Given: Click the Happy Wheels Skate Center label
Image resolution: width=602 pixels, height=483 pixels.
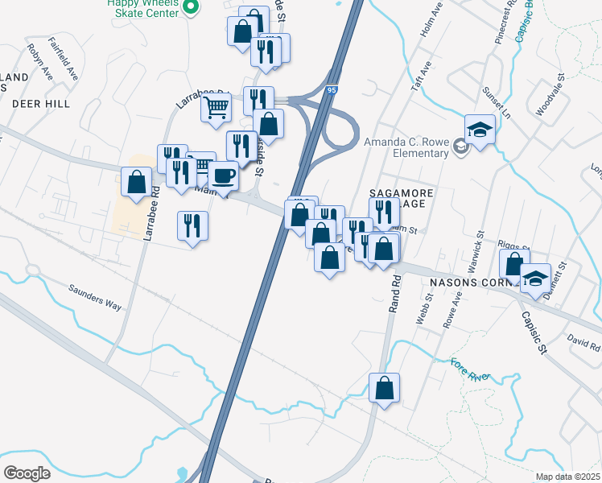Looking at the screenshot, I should pyautogui.click(x=143, y=7).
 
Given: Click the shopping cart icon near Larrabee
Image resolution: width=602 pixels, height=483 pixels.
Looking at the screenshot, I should pyautogui.click(x=216, y=106).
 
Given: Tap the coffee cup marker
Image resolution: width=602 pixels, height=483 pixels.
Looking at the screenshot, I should pyautogui.click(x=223, y=175).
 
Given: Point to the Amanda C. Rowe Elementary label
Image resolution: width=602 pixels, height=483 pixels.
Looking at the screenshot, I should pyautogui.click(x=406, y=148).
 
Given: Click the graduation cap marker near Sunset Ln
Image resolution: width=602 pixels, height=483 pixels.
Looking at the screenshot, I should pyautogui.click(x=480, y=130).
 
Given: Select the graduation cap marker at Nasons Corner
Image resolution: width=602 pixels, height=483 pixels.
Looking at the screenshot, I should pyautogui.click(x=535, y=279).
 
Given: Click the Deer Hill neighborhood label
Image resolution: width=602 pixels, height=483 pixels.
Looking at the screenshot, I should pyautogui.click(x=40, y=104).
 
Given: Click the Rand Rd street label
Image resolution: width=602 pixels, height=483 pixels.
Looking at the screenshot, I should pyautogui.click(x=394, y=295).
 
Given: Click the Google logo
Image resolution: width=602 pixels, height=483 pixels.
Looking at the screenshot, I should pyautogui.click(x=27, y=473).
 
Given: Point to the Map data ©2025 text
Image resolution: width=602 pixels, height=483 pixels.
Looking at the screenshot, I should pyautogui.click(x=568, y=477).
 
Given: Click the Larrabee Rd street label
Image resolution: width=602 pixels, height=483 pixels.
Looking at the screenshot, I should pyautogui.click(x=150, y=215).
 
